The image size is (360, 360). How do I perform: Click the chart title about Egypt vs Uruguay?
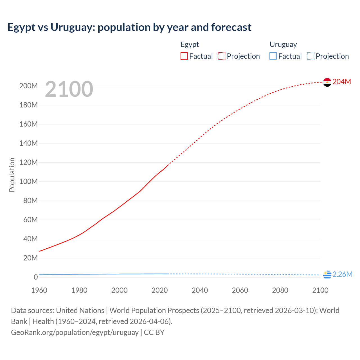pyautogui.click(x=129, y=27)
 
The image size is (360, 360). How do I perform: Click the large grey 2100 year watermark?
pyautogui.click(x=69, y=89)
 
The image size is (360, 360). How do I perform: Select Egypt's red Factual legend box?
pyautogui.click(x=184, y=56)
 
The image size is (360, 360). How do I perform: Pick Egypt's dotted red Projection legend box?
pyautogui.click(x=222, y=56)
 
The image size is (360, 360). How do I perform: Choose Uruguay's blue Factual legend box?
pyautogui.click(x=273, y=56)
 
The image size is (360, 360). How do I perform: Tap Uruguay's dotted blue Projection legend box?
pyautogui.click(x=311, y=56)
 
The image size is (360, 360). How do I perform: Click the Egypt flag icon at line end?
pyautogui.click(x=327, y=82)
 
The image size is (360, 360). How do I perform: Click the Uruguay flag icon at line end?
pyautogui.click(x=327, y=274)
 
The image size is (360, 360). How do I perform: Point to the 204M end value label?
pyautogui.click(x=342, y=82)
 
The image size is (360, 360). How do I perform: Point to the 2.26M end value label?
pyautogui.click(x=342, y=274)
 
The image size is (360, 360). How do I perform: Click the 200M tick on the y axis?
pyautogui.click(x=28, y=86)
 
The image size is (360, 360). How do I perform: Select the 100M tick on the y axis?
pyautogui.click(x=28, y=181)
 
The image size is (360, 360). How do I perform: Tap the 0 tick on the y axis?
pyautogui.click(x=36, y=277)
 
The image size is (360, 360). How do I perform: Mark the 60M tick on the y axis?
pyautogui.click(x=30, y=220)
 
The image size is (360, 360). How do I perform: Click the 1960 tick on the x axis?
pyautogui.click(x=39, y=290)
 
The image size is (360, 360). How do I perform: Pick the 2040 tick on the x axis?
pyautogui.click(x=200, y=290)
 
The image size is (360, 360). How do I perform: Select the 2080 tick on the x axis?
pyautogui.click(x=280, y=290)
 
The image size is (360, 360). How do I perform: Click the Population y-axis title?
pyautogui.click(x=12, y=175)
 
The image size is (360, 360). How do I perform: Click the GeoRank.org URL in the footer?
pyautogui.click(x=75, y=332)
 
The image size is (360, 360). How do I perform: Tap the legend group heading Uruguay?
pyautogui.click(x=283, y=44)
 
